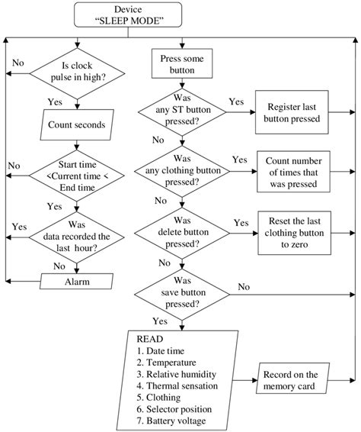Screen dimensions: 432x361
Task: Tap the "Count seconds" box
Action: pyautogui.click(x=76, y=122)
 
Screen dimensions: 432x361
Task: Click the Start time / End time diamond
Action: pyautogui.click(x=76, y=172)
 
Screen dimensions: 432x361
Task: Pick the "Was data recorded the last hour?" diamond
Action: pyautogui.click(x=76, y=236)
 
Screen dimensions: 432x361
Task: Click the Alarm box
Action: pyautogui.click(x=76, y=282)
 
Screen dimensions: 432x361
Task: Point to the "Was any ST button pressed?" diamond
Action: pyautogui.click(x=180, y=112)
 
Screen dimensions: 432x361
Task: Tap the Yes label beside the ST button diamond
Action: pyautogui.click(x=236, y=102)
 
